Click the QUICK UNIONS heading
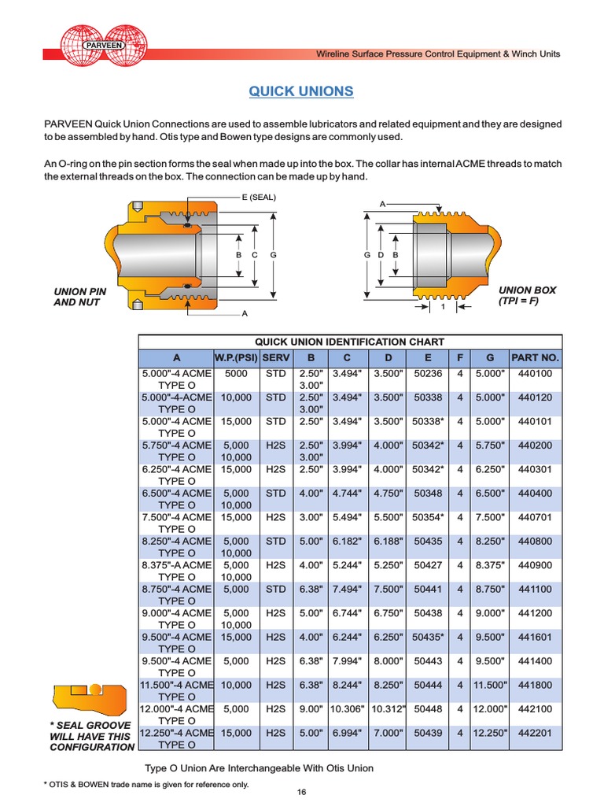(301, 91)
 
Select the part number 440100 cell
(536, 374)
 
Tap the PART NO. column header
(536, 358)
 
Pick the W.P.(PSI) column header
(237, 358)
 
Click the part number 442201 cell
(536, 733)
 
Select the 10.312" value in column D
(388, 709)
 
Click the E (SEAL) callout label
(259, 197)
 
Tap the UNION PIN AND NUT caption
(79, 297)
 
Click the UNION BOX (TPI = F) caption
(526, 295)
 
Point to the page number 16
(301, 792)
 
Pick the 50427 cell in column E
(428, 565)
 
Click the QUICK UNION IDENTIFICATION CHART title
(349, 342)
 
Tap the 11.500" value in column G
(489, 685)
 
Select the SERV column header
(275, 358)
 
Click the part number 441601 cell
(536, 637)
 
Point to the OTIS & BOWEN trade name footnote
(145, 784)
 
